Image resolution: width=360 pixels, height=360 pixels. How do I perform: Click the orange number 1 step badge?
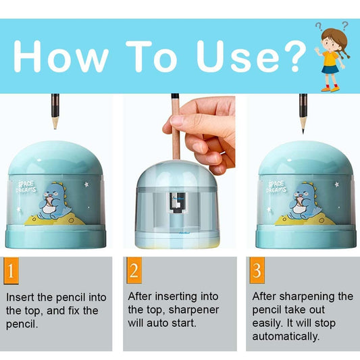pyautogui.click(x=11, y=271)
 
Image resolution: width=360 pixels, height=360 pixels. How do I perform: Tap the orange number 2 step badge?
pyautogui.click(x=134, y=270)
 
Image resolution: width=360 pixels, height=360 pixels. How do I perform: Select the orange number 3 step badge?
pyautogui.click(x=257, y=270)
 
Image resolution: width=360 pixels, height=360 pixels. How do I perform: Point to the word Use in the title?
pyautogui.click(x=238, y=56)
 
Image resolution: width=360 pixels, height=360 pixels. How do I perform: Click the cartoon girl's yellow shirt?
pyautogui.click(x=330, y=58)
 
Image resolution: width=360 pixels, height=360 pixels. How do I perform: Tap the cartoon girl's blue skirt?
pyautogui.click(x=330, y=70)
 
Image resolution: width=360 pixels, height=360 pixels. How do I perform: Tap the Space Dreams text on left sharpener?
pyautogui.click(x=26, y=187)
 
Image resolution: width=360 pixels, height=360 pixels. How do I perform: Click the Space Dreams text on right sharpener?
pyautogui.click(x=276, y=187)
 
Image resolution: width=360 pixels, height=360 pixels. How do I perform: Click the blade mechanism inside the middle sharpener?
pyautogui.click(x=177, y=203)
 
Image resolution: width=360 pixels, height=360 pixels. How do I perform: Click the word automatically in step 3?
pyautogui.click(x=286, y=336)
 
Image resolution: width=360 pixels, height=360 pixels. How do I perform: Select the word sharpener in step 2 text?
pyautogui.click(x=194, y=310)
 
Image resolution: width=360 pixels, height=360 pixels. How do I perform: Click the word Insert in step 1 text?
pyautogui.click(x=20, y=297)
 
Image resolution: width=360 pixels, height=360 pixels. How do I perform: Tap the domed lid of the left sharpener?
pyautogui.click(x=55, y=159)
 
